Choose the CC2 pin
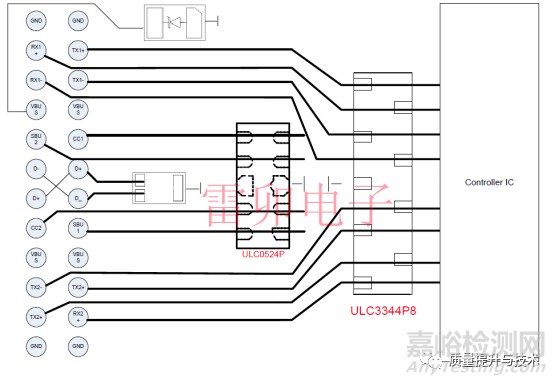(35, 228)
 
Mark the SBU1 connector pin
(78, 228)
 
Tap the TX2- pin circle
(35, 287)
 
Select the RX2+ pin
(78, 317)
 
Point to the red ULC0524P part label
(263, 253)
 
